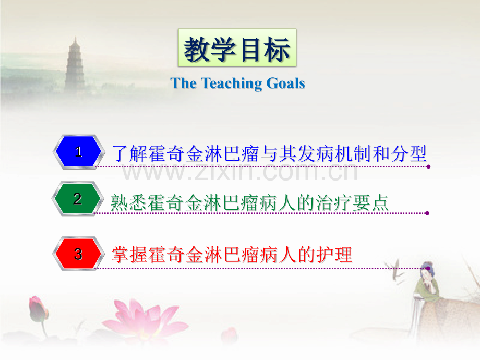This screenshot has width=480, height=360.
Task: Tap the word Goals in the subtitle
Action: [286, 83]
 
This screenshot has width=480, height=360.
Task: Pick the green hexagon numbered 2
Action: [78, 199]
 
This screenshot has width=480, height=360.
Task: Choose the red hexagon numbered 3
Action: [78, 254]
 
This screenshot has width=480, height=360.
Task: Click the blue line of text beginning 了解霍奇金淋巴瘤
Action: [269, 153]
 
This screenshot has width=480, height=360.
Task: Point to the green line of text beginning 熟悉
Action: [249, 202]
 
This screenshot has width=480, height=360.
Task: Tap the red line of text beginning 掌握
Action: [232, 255]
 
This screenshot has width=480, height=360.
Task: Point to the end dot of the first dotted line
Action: [428, 167]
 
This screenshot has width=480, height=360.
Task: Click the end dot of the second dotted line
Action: [427, 213]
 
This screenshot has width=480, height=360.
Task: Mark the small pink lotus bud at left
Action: [38, 307]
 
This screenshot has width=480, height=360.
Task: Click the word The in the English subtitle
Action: [183, 83]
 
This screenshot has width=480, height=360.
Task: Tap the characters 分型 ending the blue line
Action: [409, 153]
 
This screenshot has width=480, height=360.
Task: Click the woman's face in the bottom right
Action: [429, 272]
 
